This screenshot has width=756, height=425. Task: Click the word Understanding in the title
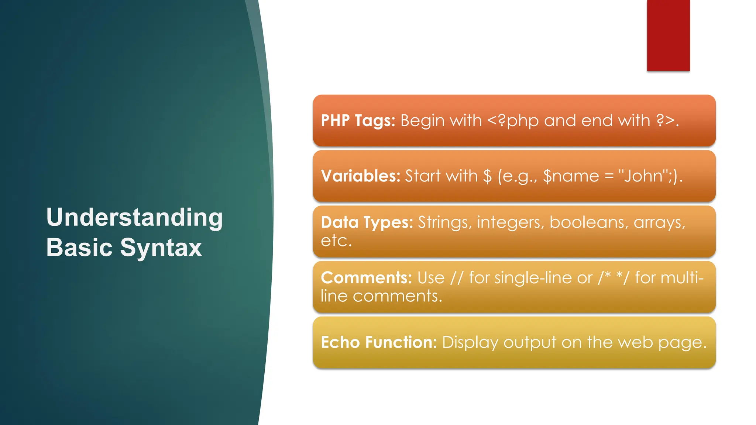point(134,218)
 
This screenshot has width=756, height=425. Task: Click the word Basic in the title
point(79,247)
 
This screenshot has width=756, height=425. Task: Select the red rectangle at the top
point(668,35)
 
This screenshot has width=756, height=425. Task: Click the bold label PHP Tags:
point(358,121)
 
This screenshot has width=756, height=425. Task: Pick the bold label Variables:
point(361,176)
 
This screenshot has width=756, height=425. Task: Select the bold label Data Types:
point(367,222)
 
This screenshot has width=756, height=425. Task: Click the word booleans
point(588,222)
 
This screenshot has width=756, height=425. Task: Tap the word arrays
point(659,223)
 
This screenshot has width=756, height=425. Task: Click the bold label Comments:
point(366,278)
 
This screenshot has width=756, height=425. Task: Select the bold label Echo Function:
point(379,342)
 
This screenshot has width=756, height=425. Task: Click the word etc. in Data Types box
point(336,241)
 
